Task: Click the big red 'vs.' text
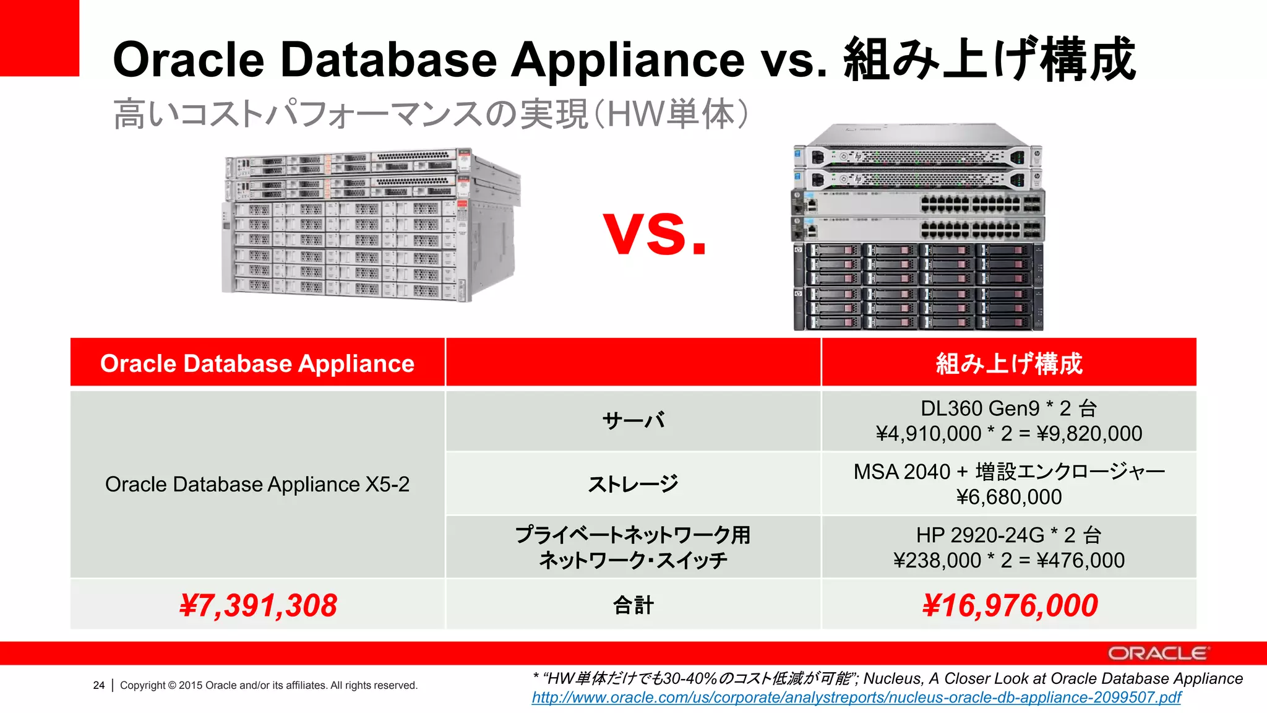point(655,233)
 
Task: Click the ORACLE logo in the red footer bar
point(1157,654)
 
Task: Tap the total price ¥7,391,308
point(258,605)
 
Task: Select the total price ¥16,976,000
point(1010,605)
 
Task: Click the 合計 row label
point(633,605)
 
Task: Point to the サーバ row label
point(633,421)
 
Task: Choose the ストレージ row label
point(633,484)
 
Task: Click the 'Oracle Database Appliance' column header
point(257,363)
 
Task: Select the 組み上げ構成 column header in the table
point(1009,363)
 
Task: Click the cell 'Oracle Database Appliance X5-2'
point(257,484)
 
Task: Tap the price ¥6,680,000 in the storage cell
point(1009,497)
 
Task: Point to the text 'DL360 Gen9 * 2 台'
point(1009,408)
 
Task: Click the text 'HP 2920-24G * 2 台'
point(1009,535)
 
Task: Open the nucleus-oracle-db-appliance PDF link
point(856,698)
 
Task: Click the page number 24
point(99,685)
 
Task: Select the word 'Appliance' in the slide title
point(628,60)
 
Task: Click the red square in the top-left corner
point(39,37)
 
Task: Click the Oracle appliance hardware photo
point(371,226)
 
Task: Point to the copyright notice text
point(268,685)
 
